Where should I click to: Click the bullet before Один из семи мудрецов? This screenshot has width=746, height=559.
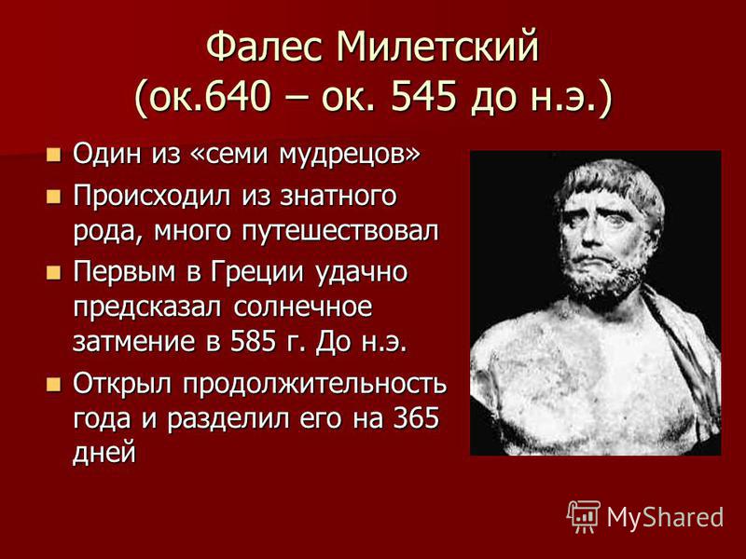54,155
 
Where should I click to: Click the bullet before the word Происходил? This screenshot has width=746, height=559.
54,196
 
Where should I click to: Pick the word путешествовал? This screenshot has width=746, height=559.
340,231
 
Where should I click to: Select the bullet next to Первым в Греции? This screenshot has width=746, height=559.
54,272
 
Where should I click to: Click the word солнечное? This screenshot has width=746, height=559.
302,307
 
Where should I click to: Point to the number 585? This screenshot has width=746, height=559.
254,342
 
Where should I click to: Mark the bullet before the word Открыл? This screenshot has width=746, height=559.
54,384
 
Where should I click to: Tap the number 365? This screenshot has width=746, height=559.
416,418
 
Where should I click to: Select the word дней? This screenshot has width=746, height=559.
104,453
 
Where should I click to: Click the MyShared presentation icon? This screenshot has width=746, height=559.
584,517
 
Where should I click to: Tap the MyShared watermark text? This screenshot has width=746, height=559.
665,517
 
